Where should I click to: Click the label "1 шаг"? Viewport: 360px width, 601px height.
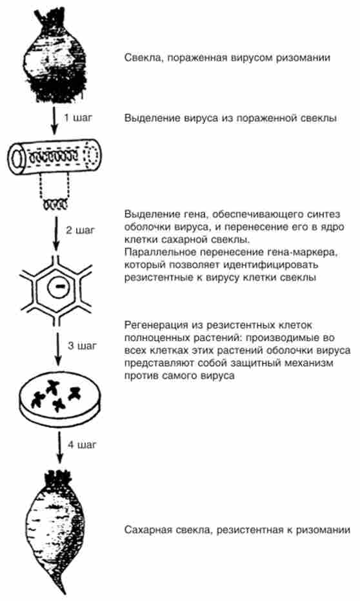pyautogui.click(x=78, y=117)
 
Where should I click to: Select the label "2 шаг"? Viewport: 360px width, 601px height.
pyautogui.click(x=80, y=230)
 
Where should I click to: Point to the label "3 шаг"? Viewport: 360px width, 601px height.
pyautogui.click(x=83, y=345)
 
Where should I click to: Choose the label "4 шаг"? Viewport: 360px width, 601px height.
pyautogui.click(x=83, y=445)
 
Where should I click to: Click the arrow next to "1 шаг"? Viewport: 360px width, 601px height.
pyautogui.click(x=54, y=121)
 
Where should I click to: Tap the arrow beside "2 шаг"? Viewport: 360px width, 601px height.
pyautogui.click(x=56, y=234)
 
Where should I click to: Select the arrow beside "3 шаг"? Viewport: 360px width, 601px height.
pyautogui.click(x=57, y=349)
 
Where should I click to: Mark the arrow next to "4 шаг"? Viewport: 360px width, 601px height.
pyautogui.click(x=59, y=448)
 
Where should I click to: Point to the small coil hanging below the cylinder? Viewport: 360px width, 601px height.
pyautogui.click(x=55, y=205)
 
